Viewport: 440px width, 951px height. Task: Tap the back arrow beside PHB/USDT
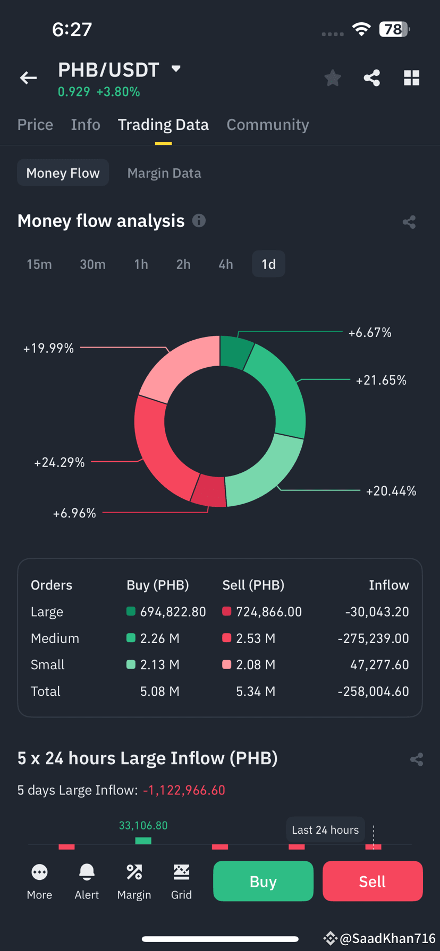point(28,78)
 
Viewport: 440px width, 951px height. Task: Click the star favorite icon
point(333,78)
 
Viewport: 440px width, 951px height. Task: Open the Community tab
point(268,125)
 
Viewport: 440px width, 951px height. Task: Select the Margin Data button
point(164,173)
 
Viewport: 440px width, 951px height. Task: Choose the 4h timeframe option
point(226,264)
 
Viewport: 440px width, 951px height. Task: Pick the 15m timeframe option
point(39,264)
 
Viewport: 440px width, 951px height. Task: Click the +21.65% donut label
point(381,380)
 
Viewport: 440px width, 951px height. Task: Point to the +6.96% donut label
point(74,513)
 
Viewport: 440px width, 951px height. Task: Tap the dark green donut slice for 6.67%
point(235,351)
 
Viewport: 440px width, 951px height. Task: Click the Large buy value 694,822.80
point(173,612)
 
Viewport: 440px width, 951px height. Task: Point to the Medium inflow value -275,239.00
point(374,638)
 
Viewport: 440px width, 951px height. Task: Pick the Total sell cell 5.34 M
point(256,691)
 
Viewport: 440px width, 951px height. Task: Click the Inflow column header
point(389,585)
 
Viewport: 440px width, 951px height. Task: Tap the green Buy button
point(263,881)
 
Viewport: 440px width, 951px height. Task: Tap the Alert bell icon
point(87,872)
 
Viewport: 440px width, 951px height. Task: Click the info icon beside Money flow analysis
point(199,220)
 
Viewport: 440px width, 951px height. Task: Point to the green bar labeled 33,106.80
point(143,841)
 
